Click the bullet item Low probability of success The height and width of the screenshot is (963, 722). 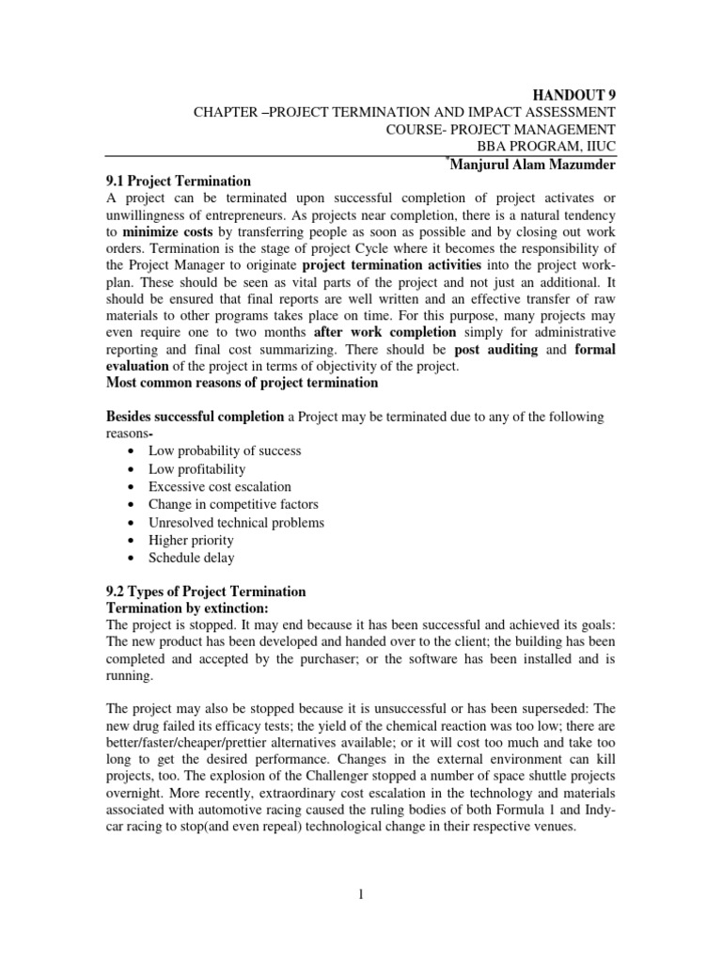click(225, 450)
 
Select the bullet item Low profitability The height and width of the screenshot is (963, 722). click(196, 468)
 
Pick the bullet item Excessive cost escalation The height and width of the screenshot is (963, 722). click(220, 486)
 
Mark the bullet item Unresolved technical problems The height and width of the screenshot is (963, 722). click(236, 522)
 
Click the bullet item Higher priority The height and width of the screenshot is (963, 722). click(191, 540)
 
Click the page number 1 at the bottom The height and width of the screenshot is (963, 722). click(360, 896)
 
